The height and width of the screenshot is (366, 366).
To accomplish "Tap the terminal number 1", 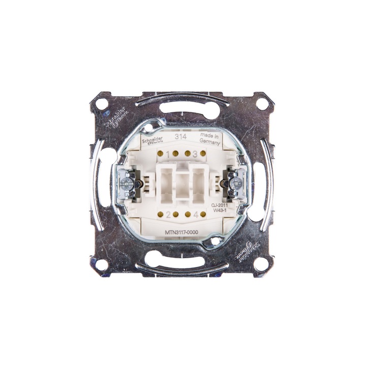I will point(169,152).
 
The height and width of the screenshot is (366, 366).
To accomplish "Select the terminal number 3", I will point(194,152).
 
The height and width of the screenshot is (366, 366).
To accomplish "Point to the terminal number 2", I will point(168,213).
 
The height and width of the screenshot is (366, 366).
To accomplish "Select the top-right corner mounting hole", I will point(262,102).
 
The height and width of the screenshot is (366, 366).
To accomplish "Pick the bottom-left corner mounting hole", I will point(102,263).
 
